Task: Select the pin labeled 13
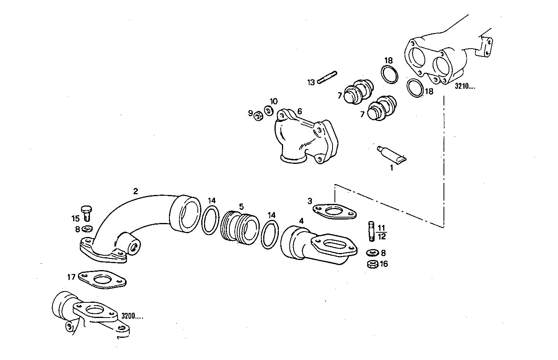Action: click(327, 77)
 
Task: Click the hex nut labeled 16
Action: click(372, 264)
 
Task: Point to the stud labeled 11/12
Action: click(371, 231)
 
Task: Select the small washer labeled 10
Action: click(268, 111)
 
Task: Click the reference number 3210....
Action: click(465, 86)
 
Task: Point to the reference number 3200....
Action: click(132, 316)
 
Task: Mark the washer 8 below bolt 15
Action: click(87, 228)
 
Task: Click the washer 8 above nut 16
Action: click(371, 253)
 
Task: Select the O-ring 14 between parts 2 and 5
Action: click(209, 220)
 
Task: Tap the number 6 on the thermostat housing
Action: click(299, 111)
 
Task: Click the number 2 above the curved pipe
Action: click(136, 191)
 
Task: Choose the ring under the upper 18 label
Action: click(389, 74)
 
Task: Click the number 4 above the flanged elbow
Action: click(301, 221)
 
